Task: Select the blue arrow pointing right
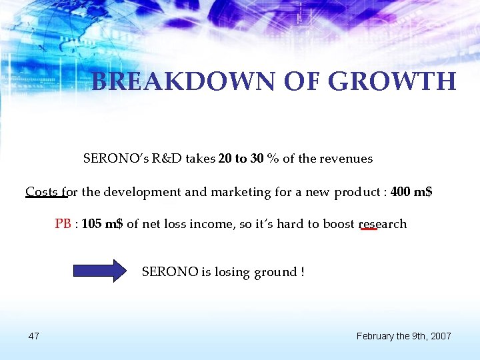click(99, 271)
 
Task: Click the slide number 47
click(33, 335)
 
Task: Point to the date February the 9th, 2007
click(403, 335)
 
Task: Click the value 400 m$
click(411, 193)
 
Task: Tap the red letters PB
click(63, 224)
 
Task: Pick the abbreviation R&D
click(166, 159)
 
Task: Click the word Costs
click(42, 193)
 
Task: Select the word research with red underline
click(383, 224)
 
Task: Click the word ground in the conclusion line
click(275, 272)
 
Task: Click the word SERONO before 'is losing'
click(170, 272)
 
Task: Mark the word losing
click(231, 272)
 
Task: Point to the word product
click(356, 193)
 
